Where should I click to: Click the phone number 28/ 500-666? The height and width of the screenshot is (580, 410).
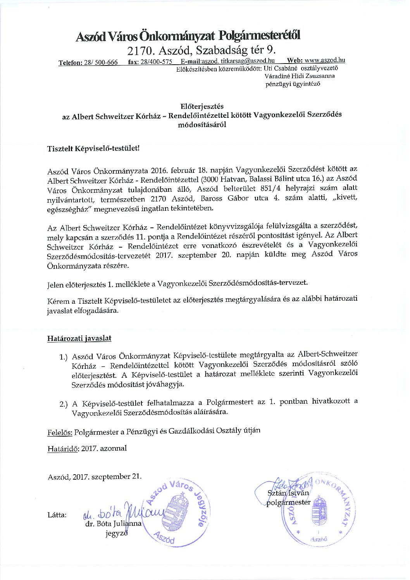101,62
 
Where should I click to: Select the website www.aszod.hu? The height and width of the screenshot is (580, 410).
325,60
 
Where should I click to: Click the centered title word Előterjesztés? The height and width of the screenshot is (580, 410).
202,106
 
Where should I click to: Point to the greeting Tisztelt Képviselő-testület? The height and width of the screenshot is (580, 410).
93,148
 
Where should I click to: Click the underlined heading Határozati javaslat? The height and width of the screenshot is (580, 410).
79,338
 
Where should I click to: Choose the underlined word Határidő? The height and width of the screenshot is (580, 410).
63,449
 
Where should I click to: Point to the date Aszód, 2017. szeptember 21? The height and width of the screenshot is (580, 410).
95,477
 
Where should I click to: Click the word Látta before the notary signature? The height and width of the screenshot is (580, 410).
57,515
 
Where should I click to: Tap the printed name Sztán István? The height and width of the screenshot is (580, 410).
288,493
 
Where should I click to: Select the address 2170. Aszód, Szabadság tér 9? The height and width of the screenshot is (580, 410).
202,50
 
